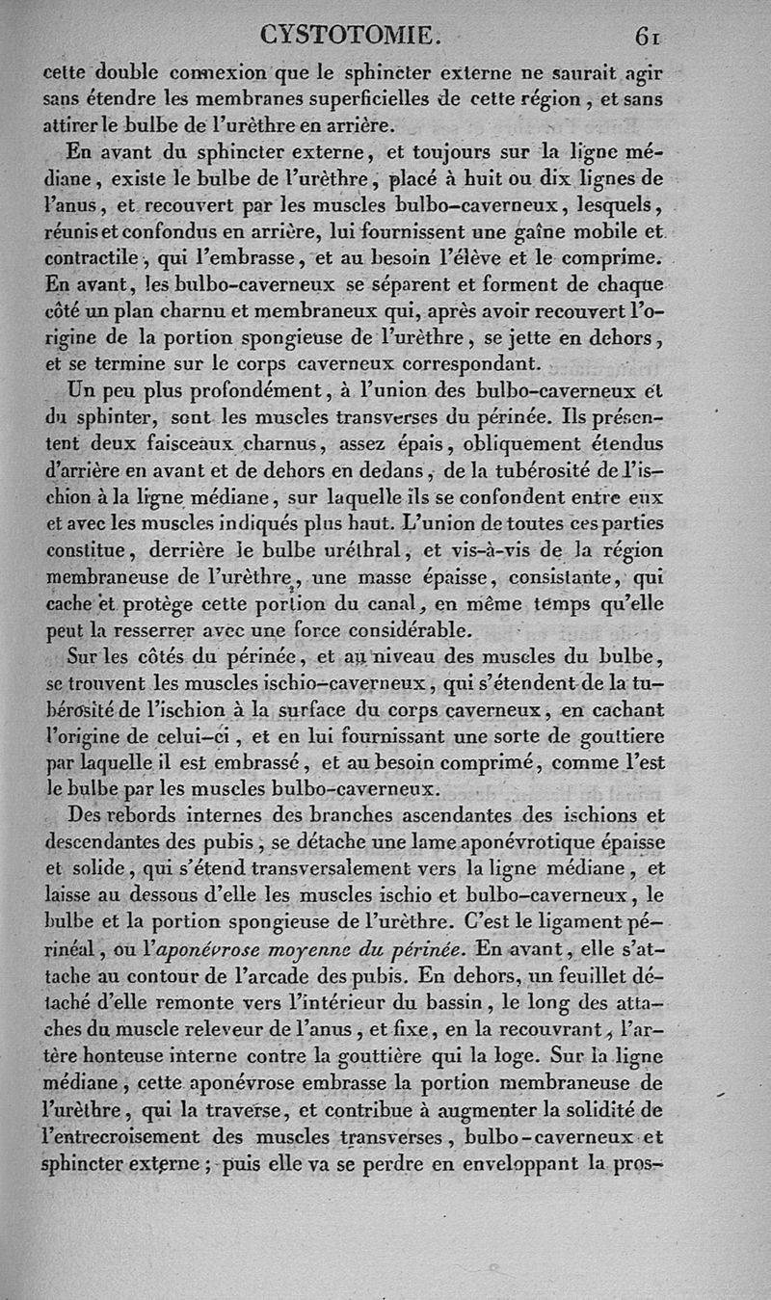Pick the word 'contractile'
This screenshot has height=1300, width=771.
click(x=90, y=258)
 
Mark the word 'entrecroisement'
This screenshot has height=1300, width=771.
click(x=124, y=1135)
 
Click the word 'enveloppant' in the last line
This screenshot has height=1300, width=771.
click(x=509, y=1163)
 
